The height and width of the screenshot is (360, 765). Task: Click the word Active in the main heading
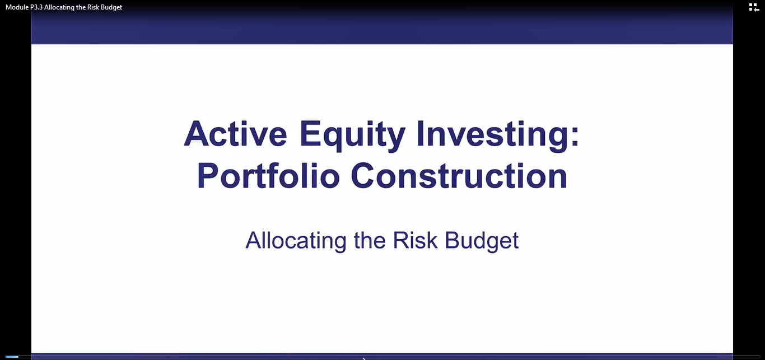click(x=235, y=134)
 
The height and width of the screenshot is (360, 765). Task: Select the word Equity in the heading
click(x=352, y=135)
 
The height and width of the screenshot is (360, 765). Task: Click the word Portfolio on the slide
click(x=268, y=176)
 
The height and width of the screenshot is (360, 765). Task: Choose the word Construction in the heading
click(x=459, y=176)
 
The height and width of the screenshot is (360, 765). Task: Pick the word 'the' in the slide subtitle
click(x=370, y=240)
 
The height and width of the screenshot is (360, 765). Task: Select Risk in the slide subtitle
click(x=415, y=240)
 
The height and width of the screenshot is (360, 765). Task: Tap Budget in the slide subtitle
click(x=482, y=241)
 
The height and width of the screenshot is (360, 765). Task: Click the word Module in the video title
click(x=17, y=7)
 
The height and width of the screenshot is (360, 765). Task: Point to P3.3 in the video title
click(x=36, y=7)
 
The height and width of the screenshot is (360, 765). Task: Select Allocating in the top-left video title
click(x=59, y=7)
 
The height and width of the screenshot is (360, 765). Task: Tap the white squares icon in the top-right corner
click(x=754, y=7)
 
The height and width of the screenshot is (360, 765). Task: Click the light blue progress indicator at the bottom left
click(x=12, y=357)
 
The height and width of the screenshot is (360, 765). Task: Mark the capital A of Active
click(x=197, y=134)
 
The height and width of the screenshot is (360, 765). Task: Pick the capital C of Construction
click(x=363, y=176)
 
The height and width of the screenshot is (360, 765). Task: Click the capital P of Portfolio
click(x=208, y=176)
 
